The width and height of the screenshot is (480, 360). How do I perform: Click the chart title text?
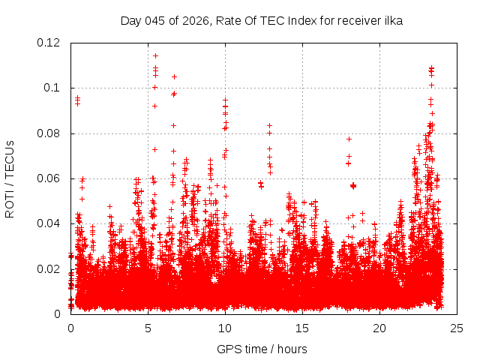262,21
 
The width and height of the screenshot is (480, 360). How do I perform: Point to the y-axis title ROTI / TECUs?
10,178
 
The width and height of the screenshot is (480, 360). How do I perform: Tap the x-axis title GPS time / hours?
262,349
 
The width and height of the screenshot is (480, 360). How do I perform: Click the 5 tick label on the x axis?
148,328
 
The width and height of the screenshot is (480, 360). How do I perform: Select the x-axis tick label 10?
225,328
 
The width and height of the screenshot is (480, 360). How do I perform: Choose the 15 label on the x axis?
302,328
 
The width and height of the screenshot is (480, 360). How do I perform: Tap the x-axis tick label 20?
379,328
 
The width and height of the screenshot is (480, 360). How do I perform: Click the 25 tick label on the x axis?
457,328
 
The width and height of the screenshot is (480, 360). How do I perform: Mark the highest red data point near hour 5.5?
155,55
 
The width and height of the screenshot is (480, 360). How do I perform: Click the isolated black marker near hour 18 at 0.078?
349,139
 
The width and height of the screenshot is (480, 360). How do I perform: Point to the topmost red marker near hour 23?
431,68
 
